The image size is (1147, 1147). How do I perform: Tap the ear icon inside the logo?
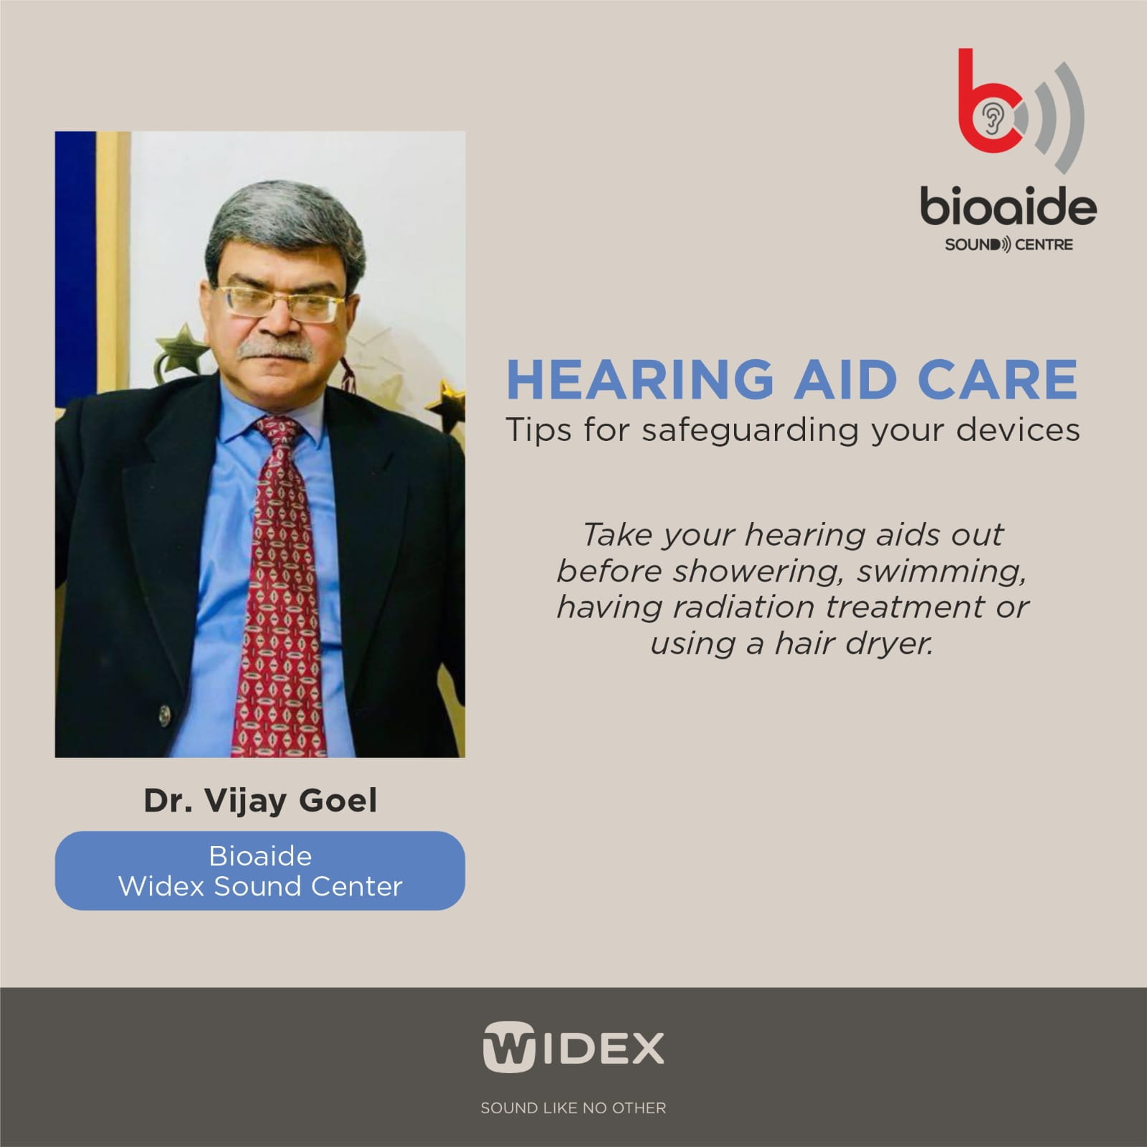[x=992, y=119]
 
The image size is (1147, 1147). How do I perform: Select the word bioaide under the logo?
[x=1008, y=206]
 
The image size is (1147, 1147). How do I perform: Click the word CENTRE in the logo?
[x=1043, y=244]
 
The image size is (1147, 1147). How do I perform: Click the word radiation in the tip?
[x=745, y=607]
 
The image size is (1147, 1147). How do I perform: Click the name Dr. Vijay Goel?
[x=260, y=801]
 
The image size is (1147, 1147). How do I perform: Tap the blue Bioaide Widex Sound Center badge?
[x=260, y=871]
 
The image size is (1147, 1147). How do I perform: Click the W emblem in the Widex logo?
[x=508, y=1047]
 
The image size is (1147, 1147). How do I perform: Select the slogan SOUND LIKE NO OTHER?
[x=573, y=1108]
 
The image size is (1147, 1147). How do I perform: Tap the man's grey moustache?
[x=276, y=350]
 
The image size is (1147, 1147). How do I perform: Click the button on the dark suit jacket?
[x=165, y=715]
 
